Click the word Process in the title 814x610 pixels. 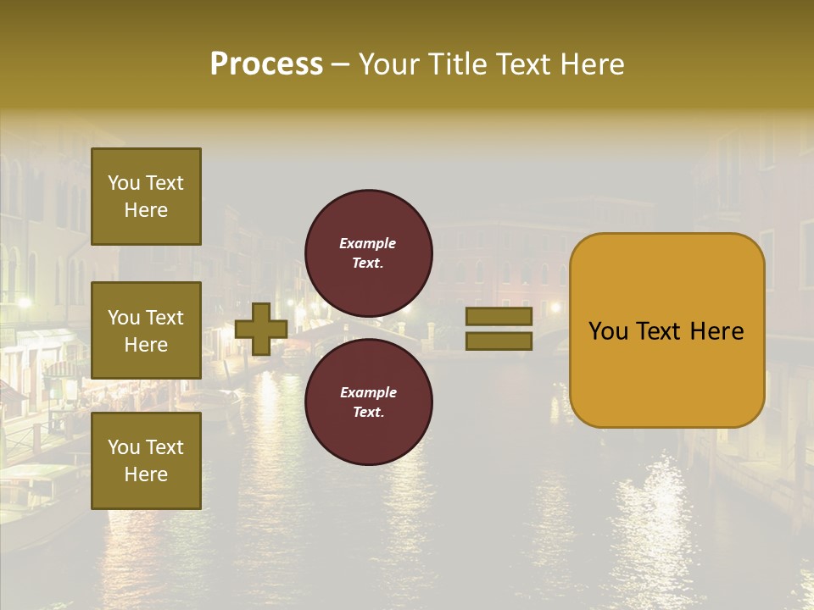266,64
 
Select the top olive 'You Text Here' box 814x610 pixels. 146,197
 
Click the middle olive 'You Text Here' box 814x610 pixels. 146,330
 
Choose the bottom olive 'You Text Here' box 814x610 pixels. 146,460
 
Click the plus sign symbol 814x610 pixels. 261,330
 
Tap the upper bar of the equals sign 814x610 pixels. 499,317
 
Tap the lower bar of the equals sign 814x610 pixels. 499,341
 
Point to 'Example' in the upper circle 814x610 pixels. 368,243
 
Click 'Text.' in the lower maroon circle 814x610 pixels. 368,412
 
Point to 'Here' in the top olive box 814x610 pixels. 146,210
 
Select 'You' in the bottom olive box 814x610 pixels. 124,446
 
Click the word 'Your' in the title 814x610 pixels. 387,64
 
